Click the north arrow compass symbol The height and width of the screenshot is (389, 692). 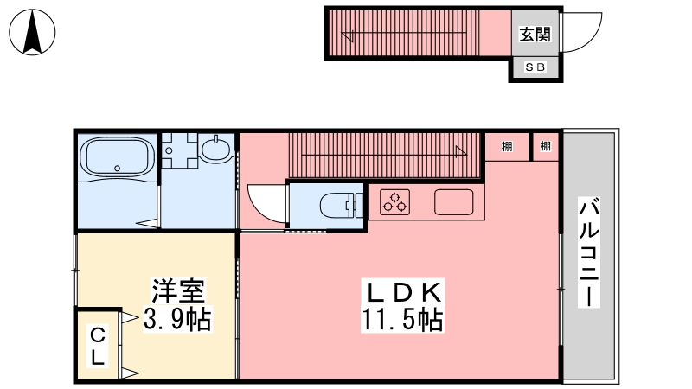[x=32, y=32]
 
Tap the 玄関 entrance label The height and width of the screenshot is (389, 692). [x=535, y=34]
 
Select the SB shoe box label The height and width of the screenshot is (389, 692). [x=535, y=67]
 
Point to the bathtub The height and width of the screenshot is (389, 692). [x=117, y=156]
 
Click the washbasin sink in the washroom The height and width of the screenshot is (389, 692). [x=216, y=148]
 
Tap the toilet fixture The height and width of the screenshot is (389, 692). [x=341, y=206]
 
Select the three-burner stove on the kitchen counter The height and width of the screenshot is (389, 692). [x=395, y=202]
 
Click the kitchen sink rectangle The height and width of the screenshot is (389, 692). [x=453, y=202]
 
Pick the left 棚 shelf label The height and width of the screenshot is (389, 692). [x=507, y=146]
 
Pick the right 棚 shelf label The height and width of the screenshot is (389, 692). [x=546, y=146]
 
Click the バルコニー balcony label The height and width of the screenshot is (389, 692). [x=589, y=252]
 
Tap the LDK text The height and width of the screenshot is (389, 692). [x=403, y=291]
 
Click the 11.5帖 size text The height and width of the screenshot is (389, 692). [x=402, y=319]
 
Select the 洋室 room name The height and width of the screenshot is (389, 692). [x=178, y=290]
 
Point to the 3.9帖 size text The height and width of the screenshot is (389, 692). [x=178, y=318]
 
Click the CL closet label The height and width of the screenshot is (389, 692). [x=98, y=347]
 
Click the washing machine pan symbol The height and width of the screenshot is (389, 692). [x=179, y=150]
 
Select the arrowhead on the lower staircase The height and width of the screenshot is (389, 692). [x=461, y=152]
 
